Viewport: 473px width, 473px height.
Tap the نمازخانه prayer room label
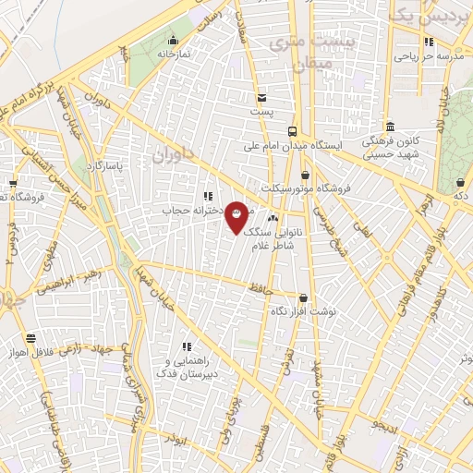coord(172,55)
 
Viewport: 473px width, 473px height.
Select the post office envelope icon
coord(262,98)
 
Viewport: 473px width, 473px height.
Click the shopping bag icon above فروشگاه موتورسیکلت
coord(305,174)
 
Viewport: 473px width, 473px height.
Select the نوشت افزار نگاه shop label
coord(304,311)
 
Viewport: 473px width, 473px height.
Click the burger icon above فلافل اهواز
coord(32,338)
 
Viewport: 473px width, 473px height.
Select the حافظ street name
coord(261,290)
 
